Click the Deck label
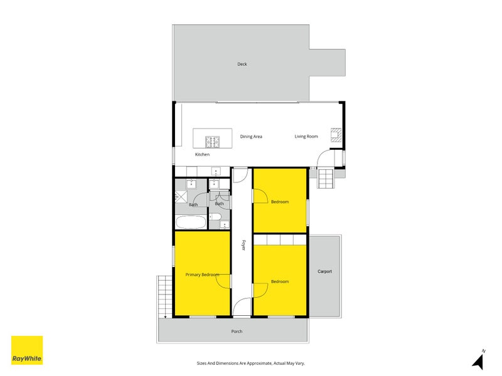coord(242,64)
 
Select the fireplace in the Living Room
coord(337,137)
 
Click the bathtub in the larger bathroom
coord(191,222)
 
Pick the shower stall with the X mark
coord(181,196)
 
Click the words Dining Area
coord(251,137)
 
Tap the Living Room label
coord(306,137)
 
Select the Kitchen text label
coord(202,154)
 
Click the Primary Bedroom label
coord(202,275)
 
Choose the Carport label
coord(324,271)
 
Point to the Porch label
coord(236,332)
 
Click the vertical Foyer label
coord(242,244)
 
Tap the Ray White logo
coord(27,350)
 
